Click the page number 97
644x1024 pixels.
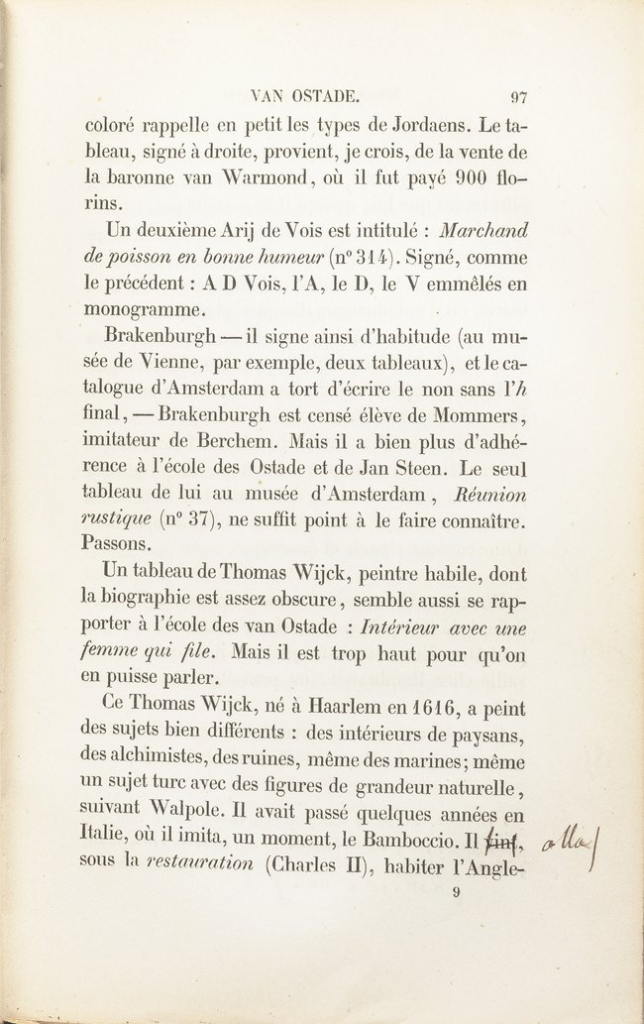[518, 97]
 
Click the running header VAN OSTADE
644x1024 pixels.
[304, 97]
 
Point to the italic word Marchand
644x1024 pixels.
[483, 231]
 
